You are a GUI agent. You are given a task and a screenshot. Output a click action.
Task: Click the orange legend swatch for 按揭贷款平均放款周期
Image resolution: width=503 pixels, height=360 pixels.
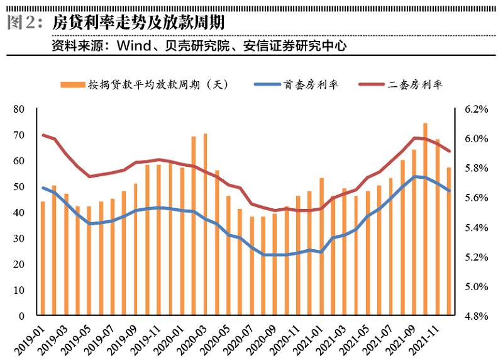(x=71, y=84)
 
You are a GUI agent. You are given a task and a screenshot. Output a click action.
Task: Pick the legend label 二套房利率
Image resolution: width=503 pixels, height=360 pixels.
(x=416, y=84)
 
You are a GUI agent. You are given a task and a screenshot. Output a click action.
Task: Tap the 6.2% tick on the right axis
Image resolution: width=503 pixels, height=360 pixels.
(x=476, y=110)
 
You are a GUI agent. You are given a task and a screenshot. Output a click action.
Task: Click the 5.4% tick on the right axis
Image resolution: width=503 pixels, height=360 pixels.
(x=476, y=227)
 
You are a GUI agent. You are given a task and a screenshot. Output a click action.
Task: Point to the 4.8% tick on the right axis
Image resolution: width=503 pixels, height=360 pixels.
(x=476, y=316)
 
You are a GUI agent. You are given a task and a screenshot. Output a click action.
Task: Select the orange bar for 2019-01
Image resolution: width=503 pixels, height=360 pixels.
(x=43, y=258)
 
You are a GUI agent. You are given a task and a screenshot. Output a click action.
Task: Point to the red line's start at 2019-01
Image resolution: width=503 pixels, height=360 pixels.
(x=43, y=135)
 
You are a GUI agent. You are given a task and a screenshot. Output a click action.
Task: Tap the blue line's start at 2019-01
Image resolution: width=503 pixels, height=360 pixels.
(x=43, y=188)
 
